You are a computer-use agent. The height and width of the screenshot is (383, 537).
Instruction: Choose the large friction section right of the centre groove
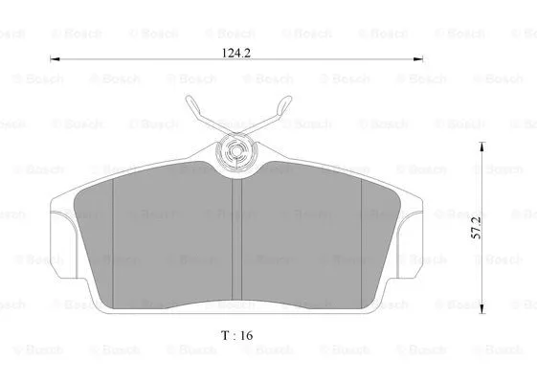click(x=302, y=244)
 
